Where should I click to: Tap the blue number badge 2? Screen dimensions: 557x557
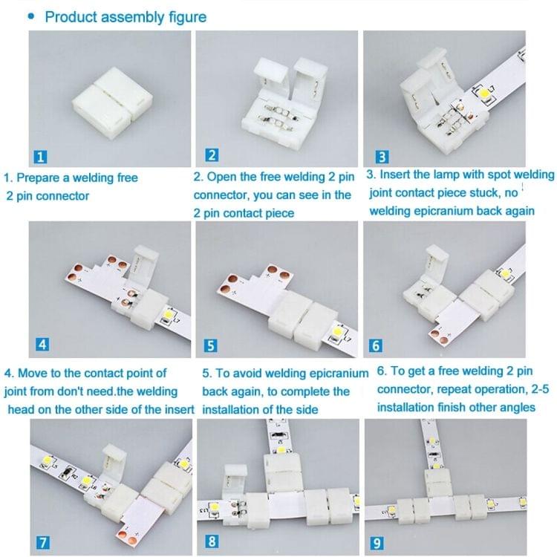click(x=212, y=155)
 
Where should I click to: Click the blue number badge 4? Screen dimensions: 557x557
click(x=42, y=344)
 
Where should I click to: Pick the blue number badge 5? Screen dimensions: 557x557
click(x=212, y=344)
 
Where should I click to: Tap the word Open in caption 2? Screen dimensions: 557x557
click(x=221, y=177)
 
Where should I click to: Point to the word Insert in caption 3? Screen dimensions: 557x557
click(x=399, y=175)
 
